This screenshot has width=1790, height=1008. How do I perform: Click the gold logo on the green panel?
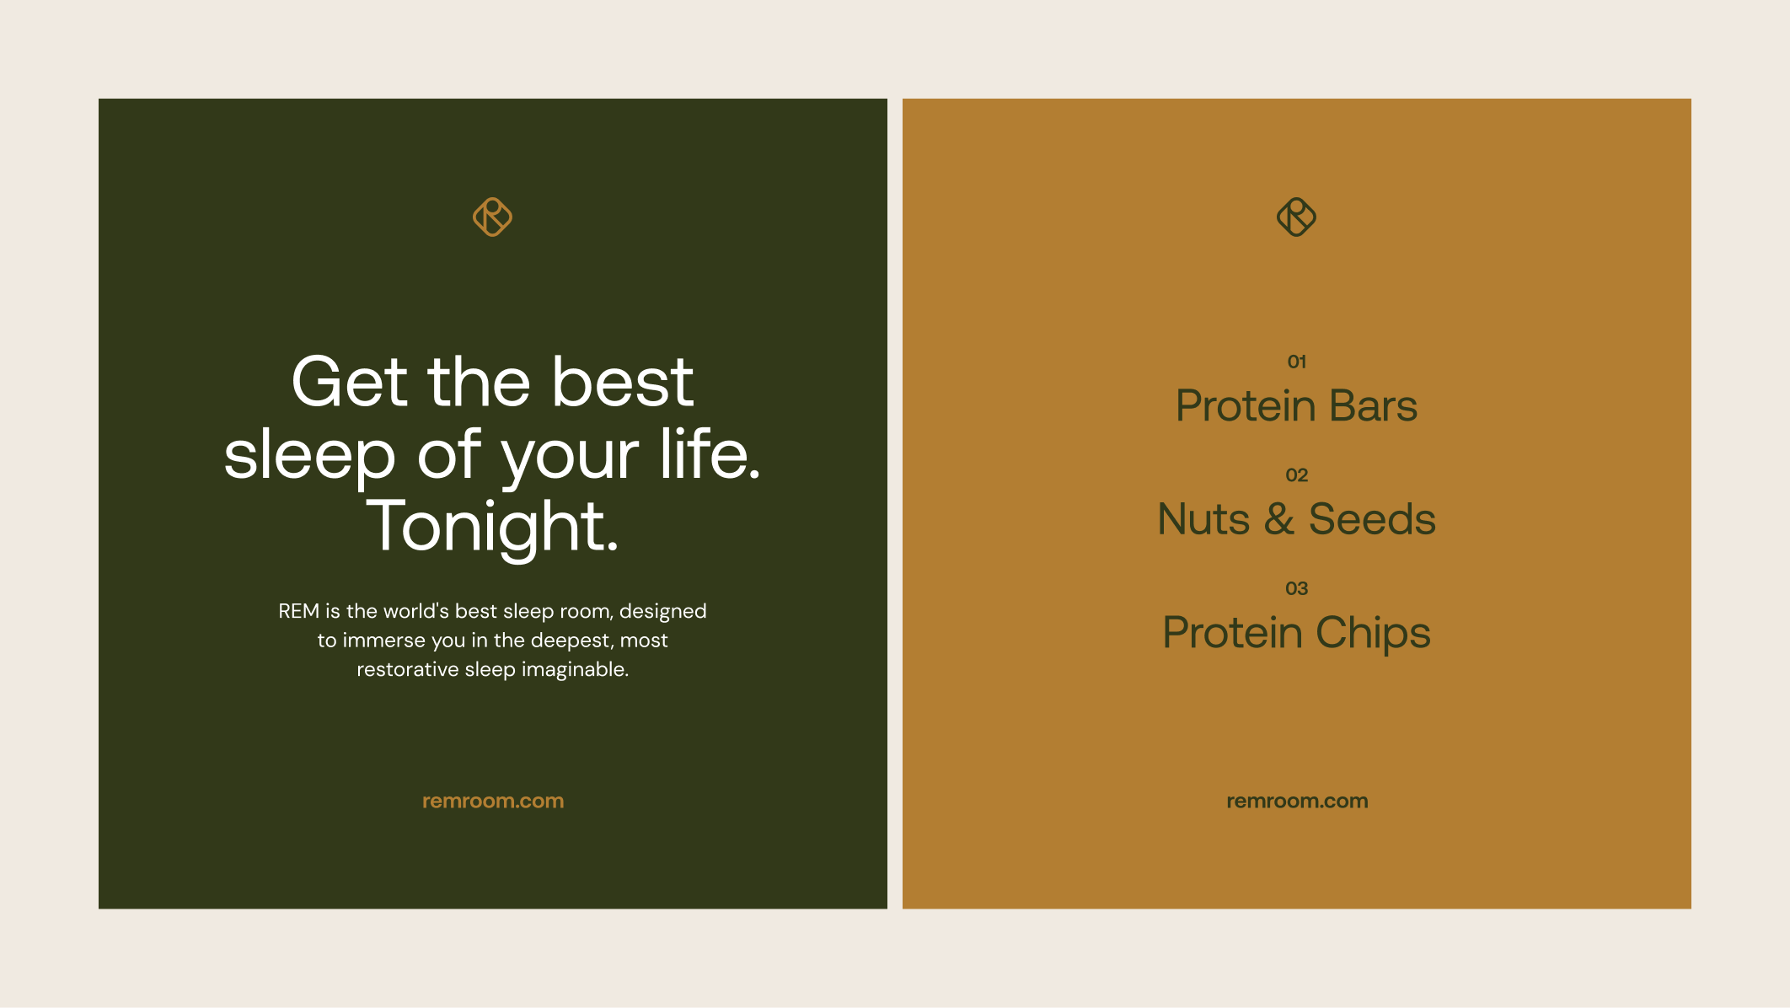(x=493, y=217)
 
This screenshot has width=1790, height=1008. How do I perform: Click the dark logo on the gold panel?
(x=1297, y=217)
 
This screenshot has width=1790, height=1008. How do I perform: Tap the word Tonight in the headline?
(x=493, y=527)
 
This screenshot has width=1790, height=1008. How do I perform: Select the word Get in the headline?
(x=349, y=382)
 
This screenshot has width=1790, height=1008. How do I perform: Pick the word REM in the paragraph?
(x=299, y=611)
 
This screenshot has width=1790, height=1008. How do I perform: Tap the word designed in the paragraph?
(x=663, y=612)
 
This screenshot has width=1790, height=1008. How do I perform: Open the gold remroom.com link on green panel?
(x=493, y=802)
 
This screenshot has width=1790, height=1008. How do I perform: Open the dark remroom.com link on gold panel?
(x=1297, y=802)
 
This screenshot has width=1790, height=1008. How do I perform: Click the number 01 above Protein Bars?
(x=1297, y=362)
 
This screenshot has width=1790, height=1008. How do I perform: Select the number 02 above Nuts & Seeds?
(x=1297, y=475)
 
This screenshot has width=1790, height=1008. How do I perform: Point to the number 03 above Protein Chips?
(x=1297, y=588)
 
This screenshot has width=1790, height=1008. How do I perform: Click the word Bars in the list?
(x=1374, y=406)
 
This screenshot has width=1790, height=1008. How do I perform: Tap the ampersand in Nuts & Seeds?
(x=1279, y=519)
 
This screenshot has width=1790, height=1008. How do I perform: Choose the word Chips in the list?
(x=1373, y=634)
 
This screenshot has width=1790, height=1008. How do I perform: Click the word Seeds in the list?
(x=1372, y=519)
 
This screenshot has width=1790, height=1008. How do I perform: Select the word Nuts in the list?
(x=1204, y=519)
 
